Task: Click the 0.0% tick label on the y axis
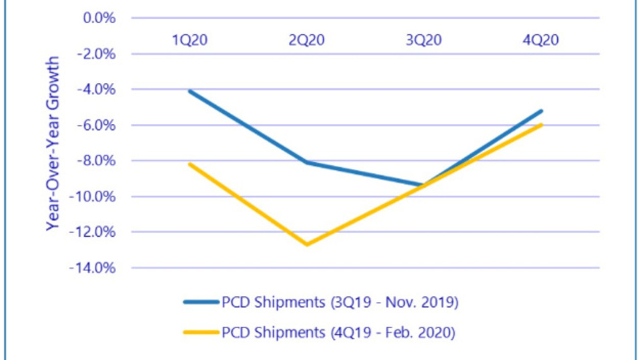pos(99,18)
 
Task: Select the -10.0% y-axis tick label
pos(95,196)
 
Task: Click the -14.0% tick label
pos(95,268)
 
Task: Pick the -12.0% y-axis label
pos(95,232)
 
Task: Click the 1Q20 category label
pos(190,40)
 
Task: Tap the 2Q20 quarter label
pos(307,40)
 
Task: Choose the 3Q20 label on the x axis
pos(424,40)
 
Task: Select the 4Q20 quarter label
pos(541,40)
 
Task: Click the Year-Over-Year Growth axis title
pos(53,143)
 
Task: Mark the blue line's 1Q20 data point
pos(190,90)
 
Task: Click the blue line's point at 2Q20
pos(307,162)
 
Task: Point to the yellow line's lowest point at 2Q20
pos(307,244)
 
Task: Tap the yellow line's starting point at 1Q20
pos(190,164)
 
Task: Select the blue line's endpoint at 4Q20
pos(541,111)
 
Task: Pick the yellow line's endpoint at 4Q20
pos(541,124)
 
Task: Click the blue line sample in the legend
pos(201,303)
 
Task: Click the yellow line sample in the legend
pos(201,333)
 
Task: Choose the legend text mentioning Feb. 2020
pos(340,333)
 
